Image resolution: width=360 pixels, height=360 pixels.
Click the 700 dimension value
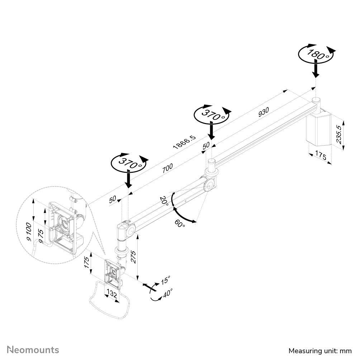click(x=167, y=168)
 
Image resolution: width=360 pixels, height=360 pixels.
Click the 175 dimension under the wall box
click(x=321, y=156)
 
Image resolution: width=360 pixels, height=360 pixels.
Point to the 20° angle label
click(x=164, y=200)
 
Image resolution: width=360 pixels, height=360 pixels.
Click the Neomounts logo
click(x=33, y=350)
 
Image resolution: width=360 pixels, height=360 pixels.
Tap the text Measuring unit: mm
click(x=320, y=350)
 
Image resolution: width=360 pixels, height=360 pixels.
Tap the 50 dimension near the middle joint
click(x=206, y=146)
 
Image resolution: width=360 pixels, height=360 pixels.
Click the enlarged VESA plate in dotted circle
click(x=65, y=226)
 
